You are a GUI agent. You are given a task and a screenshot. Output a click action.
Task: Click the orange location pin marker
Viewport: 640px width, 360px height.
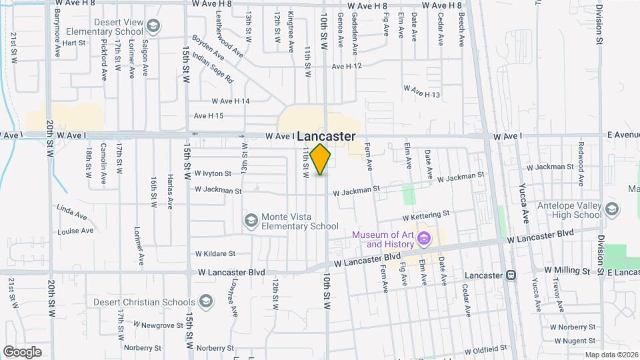coord(321,159)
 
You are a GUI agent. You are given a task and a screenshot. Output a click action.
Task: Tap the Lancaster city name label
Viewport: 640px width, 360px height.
coord(326,136)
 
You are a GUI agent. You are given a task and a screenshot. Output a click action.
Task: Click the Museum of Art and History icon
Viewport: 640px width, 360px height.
coord(423,238)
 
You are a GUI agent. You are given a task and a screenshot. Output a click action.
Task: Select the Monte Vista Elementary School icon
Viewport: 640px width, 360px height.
coord(251,220)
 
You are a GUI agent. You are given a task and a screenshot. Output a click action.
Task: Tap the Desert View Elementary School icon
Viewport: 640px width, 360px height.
coord(153,26)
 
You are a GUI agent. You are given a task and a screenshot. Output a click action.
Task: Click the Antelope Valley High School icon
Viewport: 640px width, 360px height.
coord(611,211)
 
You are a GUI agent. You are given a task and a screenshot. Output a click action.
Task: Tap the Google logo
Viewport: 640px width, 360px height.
coord(22,351)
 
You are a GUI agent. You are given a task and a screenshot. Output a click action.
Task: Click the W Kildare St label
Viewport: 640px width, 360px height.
coord(215,253)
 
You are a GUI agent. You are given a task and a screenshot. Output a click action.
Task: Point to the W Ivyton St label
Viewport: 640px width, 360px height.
coord(213,173)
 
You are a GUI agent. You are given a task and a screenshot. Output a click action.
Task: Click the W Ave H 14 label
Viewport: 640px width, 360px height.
coord(230,101)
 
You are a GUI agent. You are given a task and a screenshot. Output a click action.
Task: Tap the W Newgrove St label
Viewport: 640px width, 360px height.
coord(158,325)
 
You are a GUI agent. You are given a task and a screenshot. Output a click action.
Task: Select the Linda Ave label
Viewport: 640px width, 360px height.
coord(72,212)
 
